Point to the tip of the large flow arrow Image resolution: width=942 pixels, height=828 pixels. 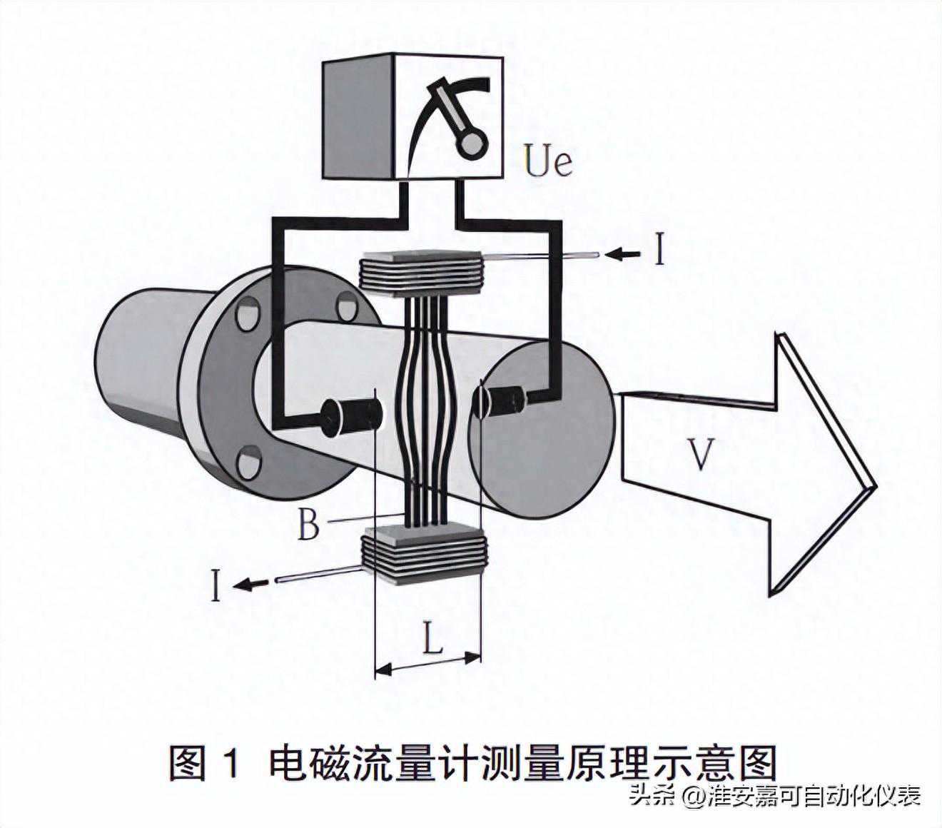(x=874, y=485)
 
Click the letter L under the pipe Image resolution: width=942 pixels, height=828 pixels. (x=432, y=639)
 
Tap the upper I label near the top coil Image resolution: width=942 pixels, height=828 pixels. (x=659, y=251)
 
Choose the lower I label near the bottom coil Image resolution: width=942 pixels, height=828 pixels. (x=216, y=585)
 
